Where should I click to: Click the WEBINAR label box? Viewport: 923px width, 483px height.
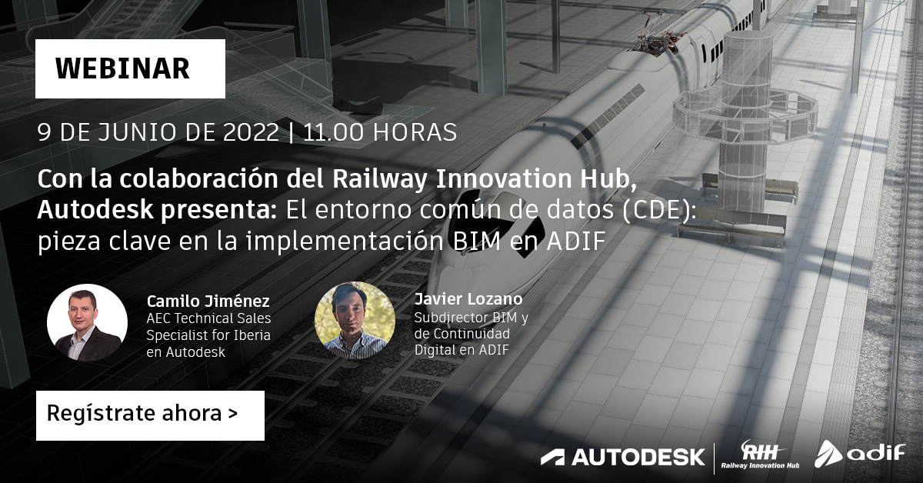click(x=130, y=68)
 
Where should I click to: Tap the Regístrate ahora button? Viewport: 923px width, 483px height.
click(x=151, y=415)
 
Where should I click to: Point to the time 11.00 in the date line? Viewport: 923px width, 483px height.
click(x=333, y=133)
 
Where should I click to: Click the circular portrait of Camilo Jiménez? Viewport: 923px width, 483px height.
click(x=88, y=323)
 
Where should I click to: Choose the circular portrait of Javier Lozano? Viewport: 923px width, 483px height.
click(x=355, y=320)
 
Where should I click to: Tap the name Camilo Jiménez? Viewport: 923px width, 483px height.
click(x=208, y=301)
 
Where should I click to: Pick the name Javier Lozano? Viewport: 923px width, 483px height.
click(x=468, y=298)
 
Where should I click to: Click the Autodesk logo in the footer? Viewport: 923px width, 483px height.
click(x=622, y=457)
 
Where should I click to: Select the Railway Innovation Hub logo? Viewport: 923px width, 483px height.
click(x=760, y=455)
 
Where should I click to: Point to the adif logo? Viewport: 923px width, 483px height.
click(x=860, y=454)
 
